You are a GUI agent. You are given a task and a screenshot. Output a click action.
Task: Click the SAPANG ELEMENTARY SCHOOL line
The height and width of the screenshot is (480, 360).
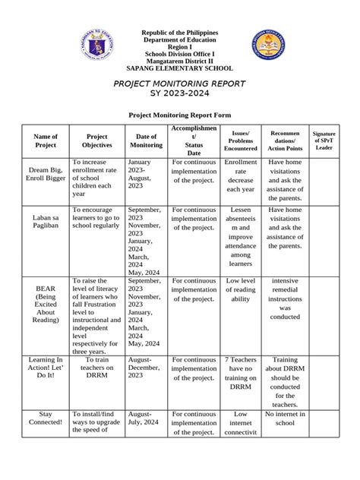pos(180,67)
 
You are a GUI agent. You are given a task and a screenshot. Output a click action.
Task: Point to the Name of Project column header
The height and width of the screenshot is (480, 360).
pos(46,141)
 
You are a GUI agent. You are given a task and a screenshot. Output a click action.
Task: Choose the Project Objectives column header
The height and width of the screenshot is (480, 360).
pos(96,141)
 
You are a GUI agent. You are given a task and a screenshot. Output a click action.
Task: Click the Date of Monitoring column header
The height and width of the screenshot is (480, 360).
pos(145,141)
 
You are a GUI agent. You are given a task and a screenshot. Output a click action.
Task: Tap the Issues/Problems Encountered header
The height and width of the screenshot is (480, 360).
pos(241,141)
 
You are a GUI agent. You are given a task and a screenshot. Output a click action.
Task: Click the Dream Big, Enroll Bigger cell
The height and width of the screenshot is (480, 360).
pos(46,177)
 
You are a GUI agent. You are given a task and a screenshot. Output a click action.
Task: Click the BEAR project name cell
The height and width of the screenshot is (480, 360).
pos(46,305)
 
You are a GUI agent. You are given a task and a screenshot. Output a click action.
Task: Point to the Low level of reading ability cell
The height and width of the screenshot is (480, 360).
pos(241,289)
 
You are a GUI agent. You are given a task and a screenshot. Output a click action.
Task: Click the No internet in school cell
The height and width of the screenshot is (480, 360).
pos(285,418)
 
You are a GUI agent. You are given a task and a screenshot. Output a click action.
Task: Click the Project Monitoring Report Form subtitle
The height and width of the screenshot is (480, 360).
pos(180,118)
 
